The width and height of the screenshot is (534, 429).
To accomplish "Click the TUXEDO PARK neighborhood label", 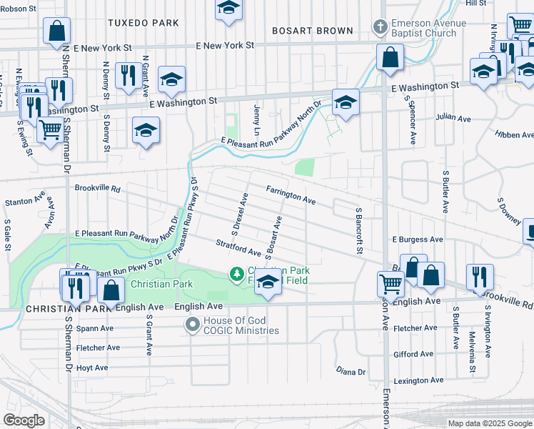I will click(143, 23).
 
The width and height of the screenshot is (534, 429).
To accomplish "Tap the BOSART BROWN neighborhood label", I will click(313, 31).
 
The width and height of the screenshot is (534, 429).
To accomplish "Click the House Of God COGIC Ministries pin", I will click(192, 325).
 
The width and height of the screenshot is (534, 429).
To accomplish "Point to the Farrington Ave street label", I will click(291, 195).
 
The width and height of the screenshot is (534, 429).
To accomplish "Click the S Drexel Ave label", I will click(238, 214).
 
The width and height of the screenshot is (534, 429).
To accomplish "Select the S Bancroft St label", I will click(358, 230).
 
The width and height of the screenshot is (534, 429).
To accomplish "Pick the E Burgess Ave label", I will click(418, 240).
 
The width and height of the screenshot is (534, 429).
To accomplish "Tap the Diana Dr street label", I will click(351, 372).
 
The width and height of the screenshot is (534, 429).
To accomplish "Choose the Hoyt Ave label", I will click(91, 368).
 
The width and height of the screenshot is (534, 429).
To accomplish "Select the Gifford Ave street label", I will click(413, 354).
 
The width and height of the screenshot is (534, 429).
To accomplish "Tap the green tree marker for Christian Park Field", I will click(236, 274).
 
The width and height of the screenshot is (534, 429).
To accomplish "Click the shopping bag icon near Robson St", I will click(56, 31).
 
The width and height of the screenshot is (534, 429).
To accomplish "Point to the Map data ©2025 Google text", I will click(489, 423).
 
